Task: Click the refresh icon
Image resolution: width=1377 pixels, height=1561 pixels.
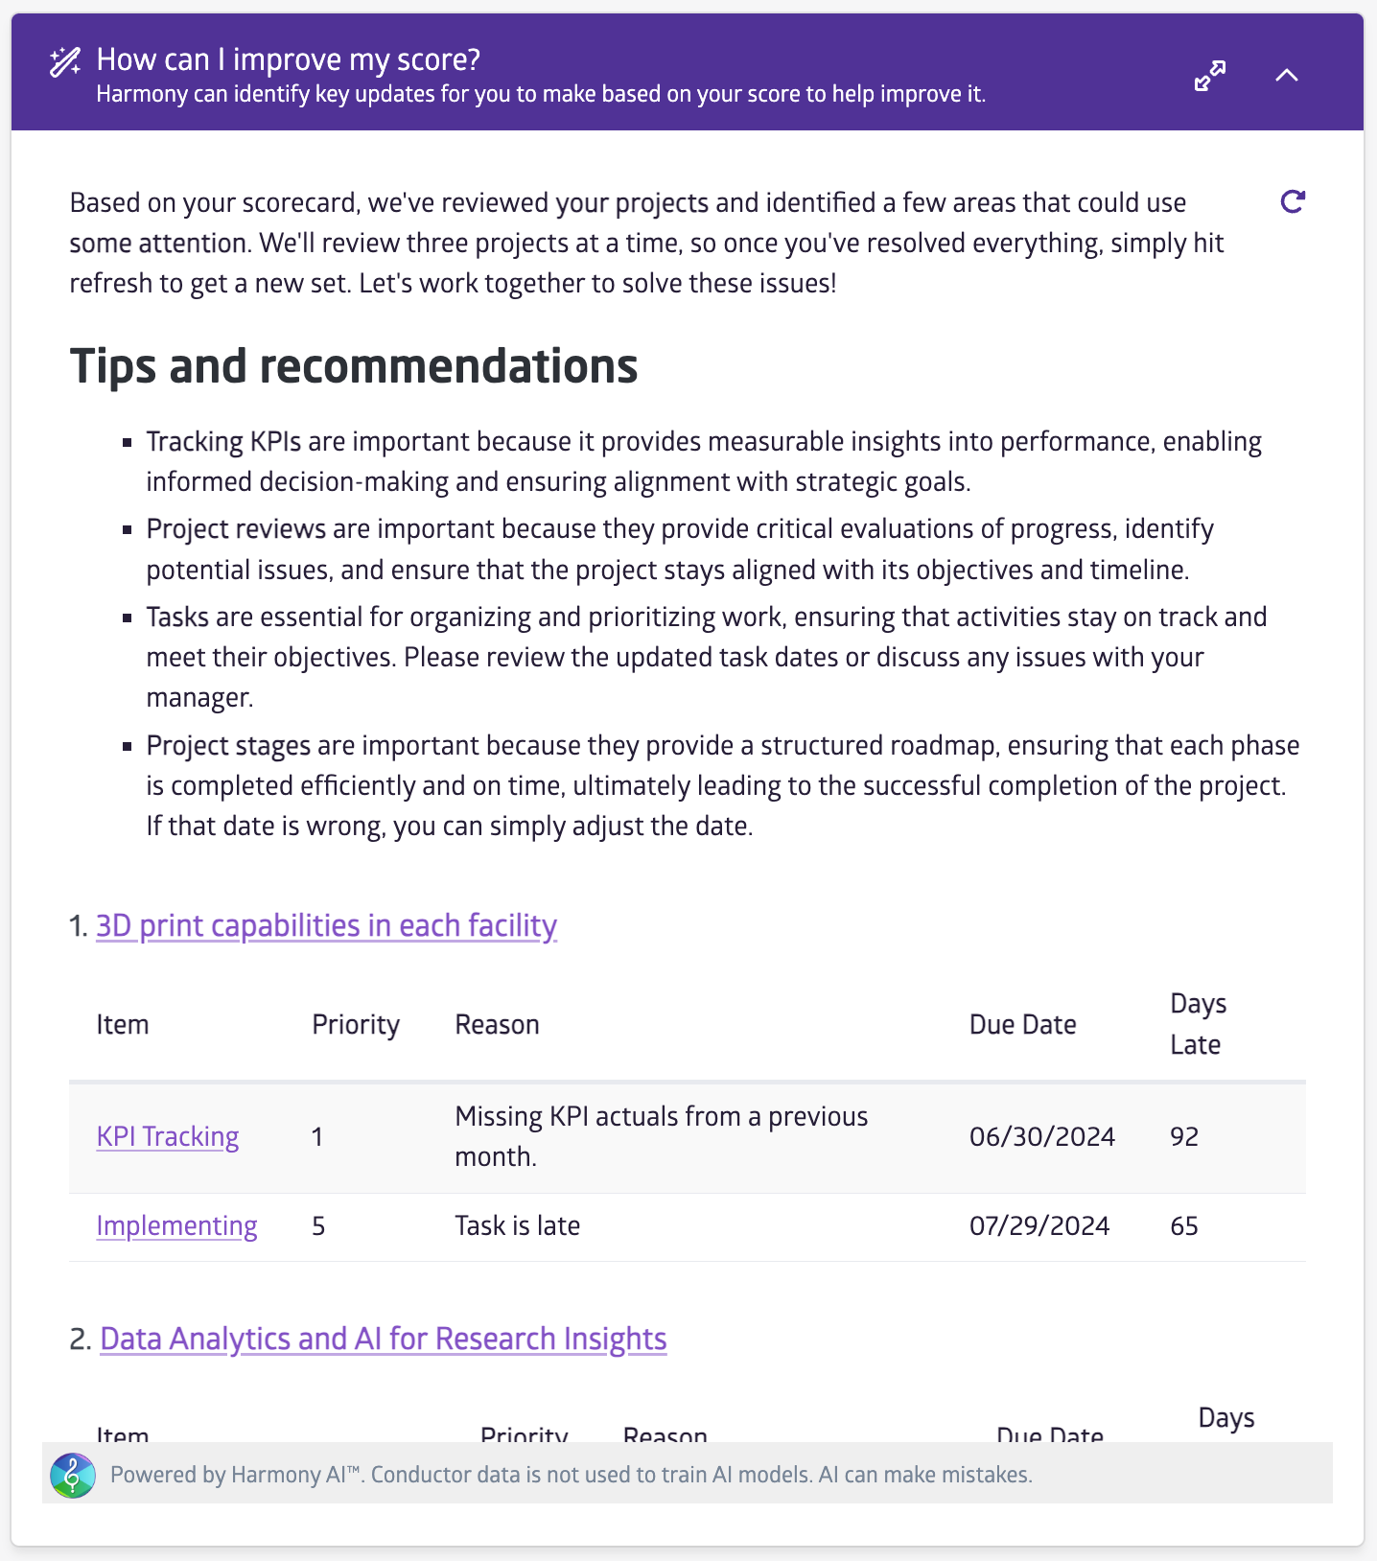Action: pos(1293,201)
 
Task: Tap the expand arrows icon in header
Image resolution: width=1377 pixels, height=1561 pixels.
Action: pos(1210,76)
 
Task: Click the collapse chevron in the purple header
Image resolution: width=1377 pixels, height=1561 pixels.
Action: pos(1287,76)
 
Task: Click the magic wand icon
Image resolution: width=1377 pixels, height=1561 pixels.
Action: pos(65,62)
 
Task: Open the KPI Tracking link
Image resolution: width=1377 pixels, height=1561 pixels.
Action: pos(168,1136)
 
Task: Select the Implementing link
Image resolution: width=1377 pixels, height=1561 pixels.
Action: pos(176,1225)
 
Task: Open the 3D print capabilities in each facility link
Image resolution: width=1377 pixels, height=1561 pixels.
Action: pos(326,925)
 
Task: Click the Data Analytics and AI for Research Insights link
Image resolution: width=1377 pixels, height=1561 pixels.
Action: pos(383,1339)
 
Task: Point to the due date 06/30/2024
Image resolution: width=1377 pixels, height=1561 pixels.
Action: pos(1041,1136)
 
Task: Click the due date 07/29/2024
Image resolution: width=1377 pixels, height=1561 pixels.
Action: pos(1039,1225)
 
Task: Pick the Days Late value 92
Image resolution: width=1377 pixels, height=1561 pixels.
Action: pos(1184,1136)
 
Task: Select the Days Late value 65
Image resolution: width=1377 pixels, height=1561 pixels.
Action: pos(1184,1225)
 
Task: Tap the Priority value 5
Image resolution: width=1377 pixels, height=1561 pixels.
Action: pos(318,1225)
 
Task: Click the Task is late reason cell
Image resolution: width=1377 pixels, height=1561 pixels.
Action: pos(517,1225)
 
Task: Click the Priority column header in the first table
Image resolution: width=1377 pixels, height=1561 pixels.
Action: pos(356,1024)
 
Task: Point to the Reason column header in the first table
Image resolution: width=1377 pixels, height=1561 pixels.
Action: pos(497,1024)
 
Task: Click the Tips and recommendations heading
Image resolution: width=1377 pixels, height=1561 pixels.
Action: pos(354,365)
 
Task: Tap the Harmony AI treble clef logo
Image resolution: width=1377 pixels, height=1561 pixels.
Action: pos(73,1475)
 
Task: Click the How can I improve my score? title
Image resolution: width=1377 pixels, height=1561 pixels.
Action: pos(289,59)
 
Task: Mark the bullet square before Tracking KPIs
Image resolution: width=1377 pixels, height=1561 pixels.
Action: pos(127,443)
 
